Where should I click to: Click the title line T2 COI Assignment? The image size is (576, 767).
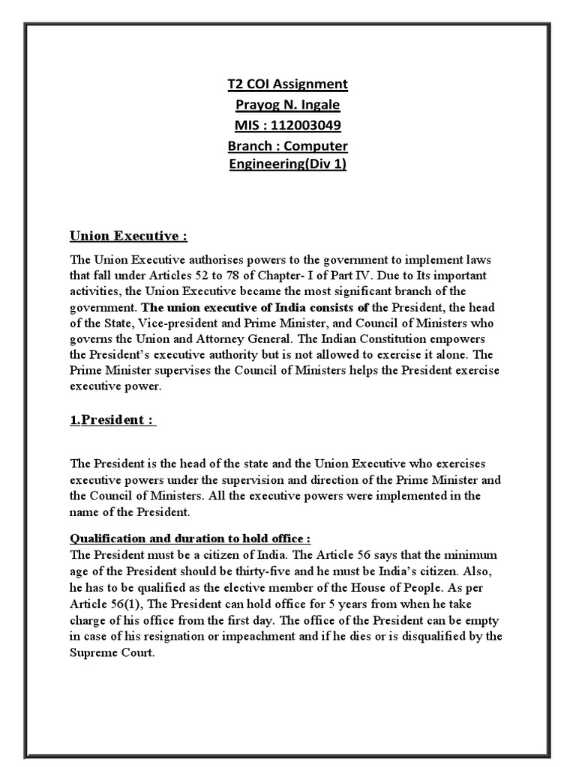[x=288, y=84]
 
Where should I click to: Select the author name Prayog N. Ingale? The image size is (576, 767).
[x=288, y=104]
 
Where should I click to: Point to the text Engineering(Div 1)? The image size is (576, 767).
[x=288, y=164]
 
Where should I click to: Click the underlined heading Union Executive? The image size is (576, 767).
[x=127, y=237]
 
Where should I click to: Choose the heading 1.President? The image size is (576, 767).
[x=112, y=419]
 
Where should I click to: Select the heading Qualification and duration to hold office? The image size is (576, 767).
[x=190, y=539]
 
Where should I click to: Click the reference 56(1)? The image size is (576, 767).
[x=128, y=603]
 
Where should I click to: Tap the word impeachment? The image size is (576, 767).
[x=229, y=636]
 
